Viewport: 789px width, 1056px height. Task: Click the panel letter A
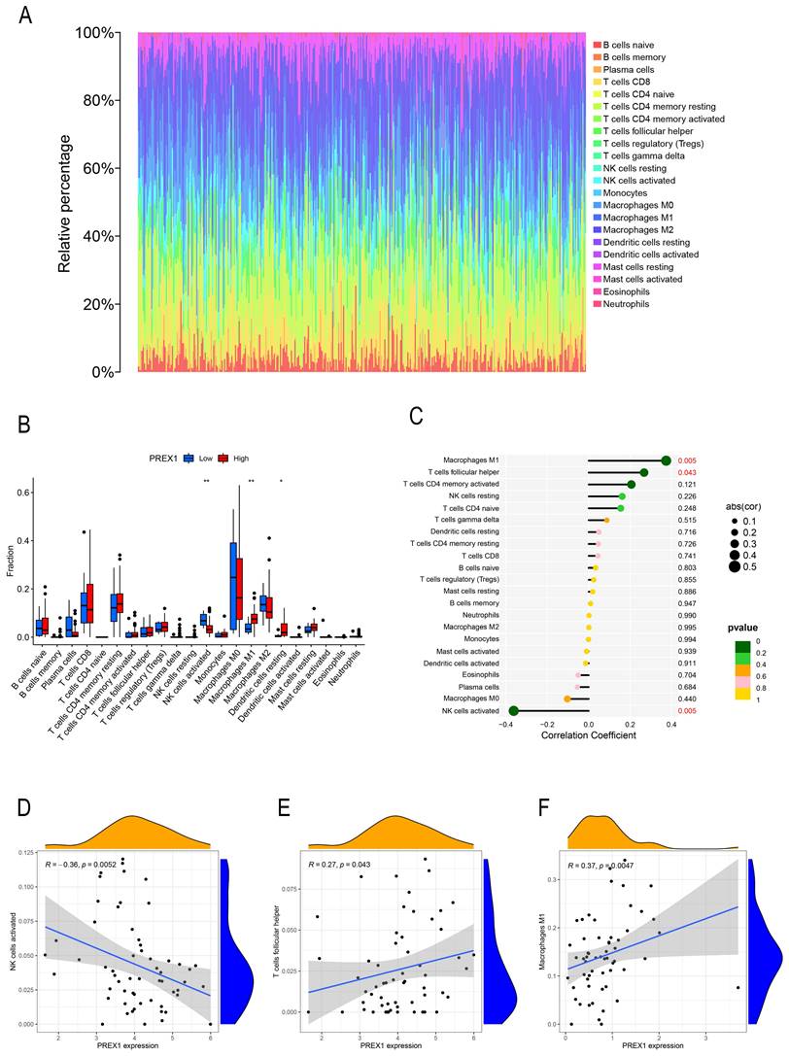tap(25, 17)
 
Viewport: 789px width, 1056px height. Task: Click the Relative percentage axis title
tap(65, 203)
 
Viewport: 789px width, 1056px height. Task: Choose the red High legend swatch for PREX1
tap(221, 456)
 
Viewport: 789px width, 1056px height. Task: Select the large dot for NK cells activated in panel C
tap(513, 711)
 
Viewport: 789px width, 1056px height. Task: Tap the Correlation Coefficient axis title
tap(588, 735)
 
